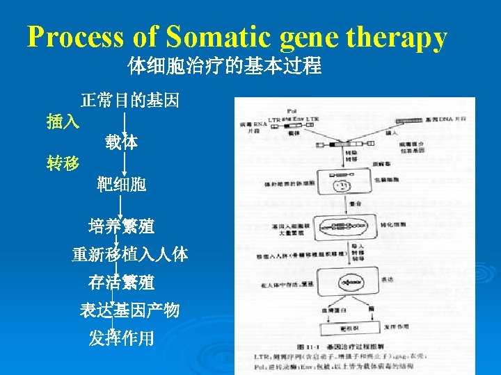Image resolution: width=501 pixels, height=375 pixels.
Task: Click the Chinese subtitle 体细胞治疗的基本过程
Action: coord(224,67)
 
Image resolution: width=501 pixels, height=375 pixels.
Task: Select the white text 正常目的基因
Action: coord(130,101)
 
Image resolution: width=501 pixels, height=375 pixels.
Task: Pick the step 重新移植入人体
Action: coord(130,254)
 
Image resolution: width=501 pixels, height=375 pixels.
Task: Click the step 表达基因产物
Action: coord(130,310)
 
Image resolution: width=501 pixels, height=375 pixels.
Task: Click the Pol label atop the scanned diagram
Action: coord(291,111)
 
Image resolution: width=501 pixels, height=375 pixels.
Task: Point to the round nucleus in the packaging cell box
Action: coord(343,185)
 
